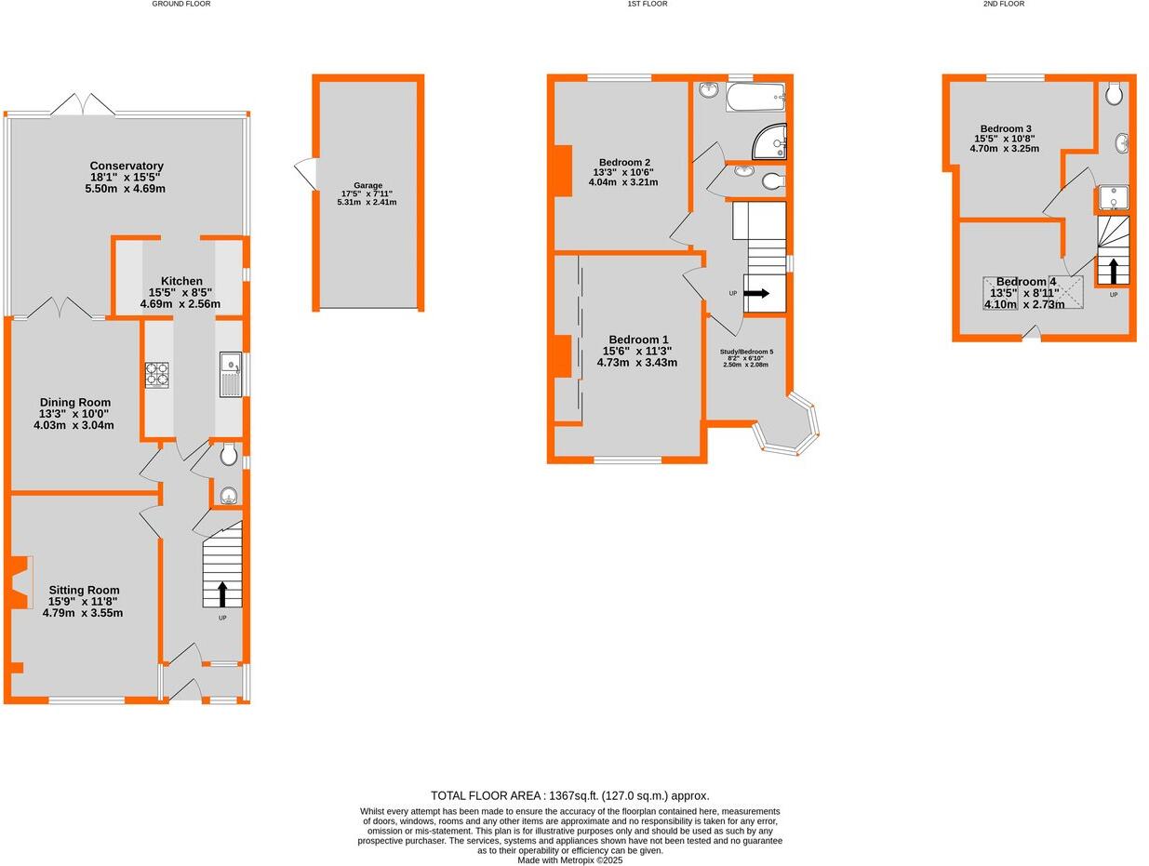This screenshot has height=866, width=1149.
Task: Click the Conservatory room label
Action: [127, 167]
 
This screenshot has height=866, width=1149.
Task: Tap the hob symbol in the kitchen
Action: [156, 374]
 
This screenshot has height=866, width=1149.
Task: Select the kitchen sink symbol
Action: [231, 374]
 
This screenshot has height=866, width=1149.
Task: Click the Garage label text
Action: [367, 185]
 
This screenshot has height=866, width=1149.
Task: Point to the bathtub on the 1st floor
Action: [755, 97]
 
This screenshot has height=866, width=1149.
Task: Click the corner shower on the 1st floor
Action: [772, 142]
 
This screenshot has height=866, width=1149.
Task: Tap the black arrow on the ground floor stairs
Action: [222, 593]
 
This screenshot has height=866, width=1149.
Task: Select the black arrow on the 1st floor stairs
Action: [756, 293]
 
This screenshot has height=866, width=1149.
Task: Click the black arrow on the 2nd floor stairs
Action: [1113, 271]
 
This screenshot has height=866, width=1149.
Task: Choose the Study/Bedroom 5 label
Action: [746, 352]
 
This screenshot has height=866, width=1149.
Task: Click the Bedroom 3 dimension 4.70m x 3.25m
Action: [1005, 148]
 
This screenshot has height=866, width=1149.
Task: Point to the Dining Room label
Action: [74, 403]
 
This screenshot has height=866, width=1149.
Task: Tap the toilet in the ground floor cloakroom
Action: [229, 456]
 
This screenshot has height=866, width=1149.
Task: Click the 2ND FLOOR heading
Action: [1004, 5]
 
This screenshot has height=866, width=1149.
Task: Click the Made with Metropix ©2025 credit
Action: [569, 860]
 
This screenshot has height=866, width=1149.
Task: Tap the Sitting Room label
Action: [84, 590]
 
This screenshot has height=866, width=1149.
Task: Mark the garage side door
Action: [305, 174]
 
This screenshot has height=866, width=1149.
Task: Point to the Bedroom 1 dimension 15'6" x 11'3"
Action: [637, 351]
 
